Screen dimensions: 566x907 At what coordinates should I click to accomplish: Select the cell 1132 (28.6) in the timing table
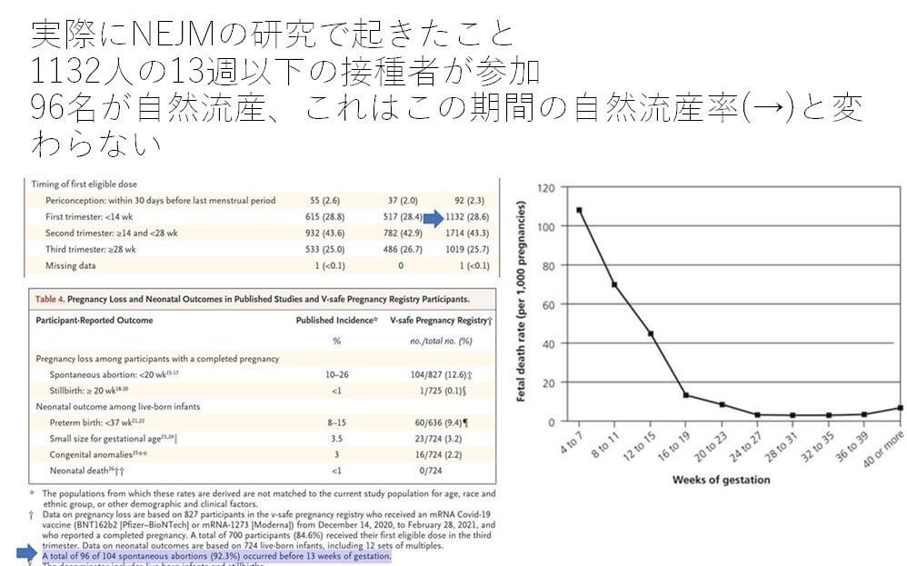pos(467,218)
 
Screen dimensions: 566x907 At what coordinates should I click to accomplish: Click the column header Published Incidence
pos(335,320)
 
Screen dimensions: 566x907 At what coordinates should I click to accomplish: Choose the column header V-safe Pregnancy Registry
pos(439,320)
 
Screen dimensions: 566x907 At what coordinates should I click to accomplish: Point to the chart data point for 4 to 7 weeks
pos(579,210)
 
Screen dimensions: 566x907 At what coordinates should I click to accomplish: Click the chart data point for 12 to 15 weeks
pos(650,333)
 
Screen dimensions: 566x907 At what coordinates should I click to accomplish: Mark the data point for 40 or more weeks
pos(899,408)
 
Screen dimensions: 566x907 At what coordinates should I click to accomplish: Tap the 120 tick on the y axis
pos(546,188)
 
